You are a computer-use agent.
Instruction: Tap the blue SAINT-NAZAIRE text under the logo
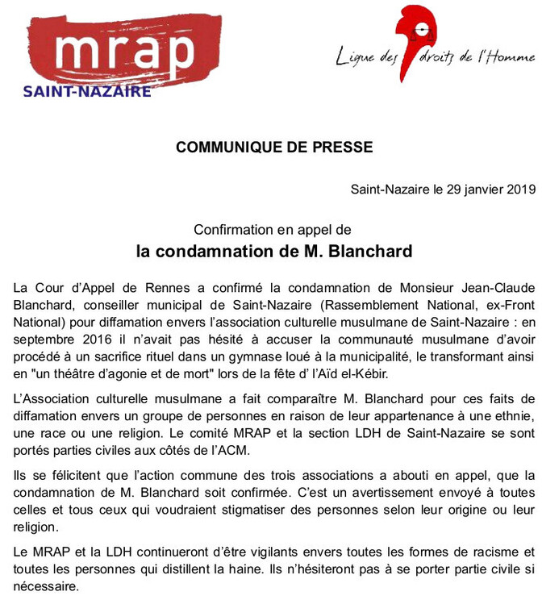click(87, 91)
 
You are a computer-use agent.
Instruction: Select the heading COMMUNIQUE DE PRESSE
click(274, 148)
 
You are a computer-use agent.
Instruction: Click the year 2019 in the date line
click(516, 190)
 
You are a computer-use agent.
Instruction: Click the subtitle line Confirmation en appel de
click(273, 230)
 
